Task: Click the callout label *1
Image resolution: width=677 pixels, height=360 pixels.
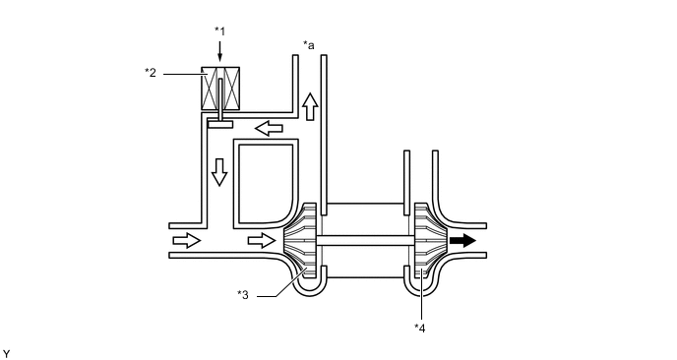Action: pos(219,31)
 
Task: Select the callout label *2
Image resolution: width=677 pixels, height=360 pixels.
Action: pos(151,73)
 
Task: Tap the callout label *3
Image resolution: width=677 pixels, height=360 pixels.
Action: pos(243,295)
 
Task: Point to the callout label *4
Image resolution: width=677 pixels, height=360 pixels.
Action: pos(419,329)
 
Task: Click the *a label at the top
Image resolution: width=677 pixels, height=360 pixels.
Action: pos(309,45)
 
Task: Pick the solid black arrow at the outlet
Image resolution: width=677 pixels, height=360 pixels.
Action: pos(462,240)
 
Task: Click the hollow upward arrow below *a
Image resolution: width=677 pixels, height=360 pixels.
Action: pos(310,106)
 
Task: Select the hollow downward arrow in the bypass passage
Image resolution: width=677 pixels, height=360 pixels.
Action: pos(219,172)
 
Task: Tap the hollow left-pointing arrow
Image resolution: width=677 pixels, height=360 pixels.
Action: pos(269,128)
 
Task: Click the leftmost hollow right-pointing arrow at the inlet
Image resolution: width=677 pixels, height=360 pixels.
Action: pos(187,240)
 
